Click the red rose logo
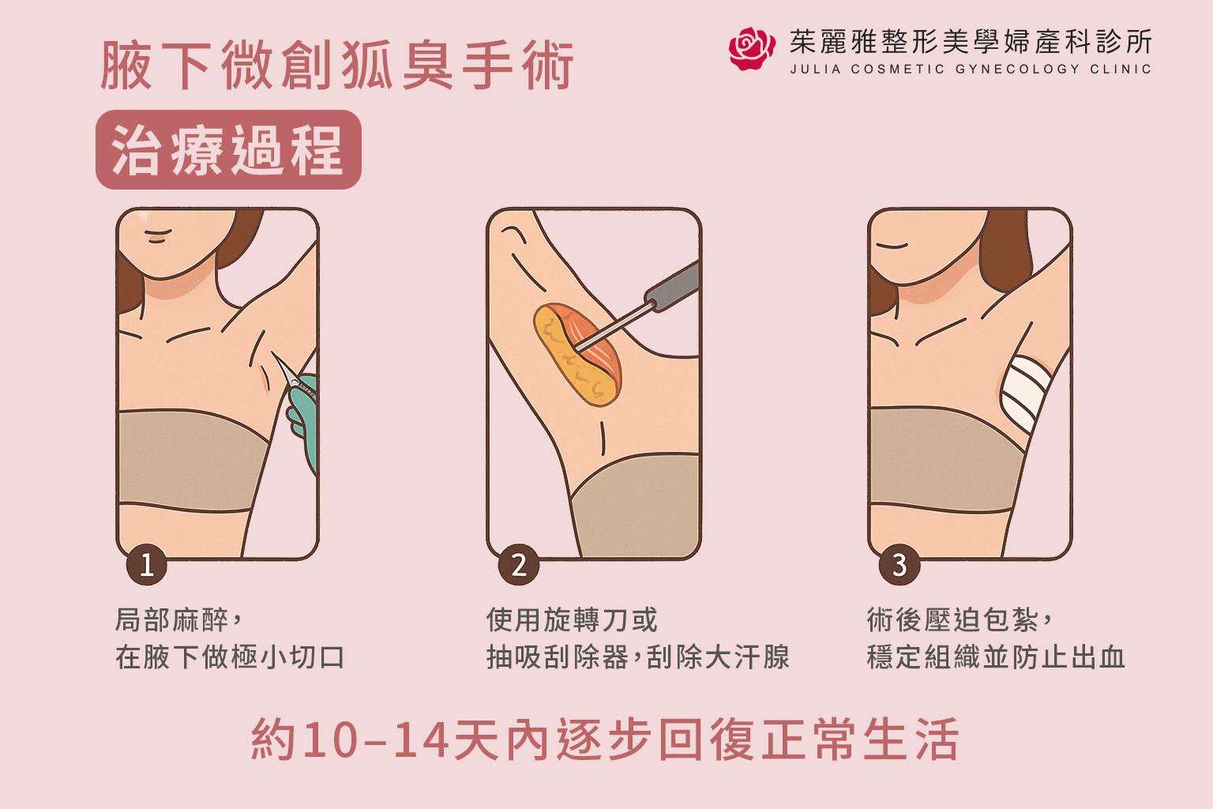pyautogui.click(x=751, y=49)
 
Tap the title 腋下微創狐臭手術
pyautogui.click(x=337, y=66)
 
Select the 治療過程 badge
pyautogui.click(x=228, y=149)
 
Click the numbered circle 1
pyautogui.click(x=146, y=565)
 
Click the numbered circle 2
pyautogui.click(x=518, y=565)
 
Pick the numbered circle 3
pyautogui.click(x=899, y=565)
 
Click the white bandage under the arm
pyautogui.click(x=1024, y=391)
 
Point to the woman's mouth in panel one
pyautogui.click(x=157, y=236)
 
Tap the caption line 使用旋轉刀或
pyautogui.click(x=571, y=619)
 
